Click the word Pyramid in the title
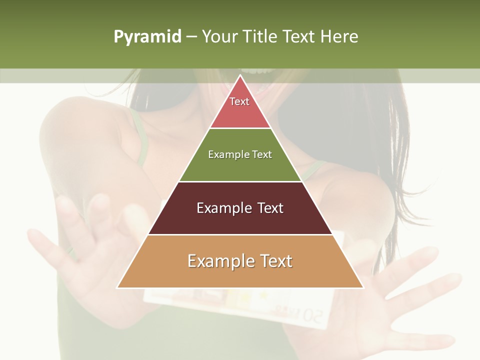(147, 37)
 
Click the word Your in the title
(219, 37)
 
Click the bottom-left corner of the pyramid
(117, 287)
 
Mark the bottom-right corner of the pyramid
(363, 287)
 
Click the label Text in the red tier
(239, 101)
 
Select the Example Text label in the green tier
(240, 154)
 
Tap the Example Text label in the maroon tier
(240, 208)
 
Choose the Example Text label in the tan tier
(240, 261)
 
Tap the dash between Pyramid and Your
(191, 37)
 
